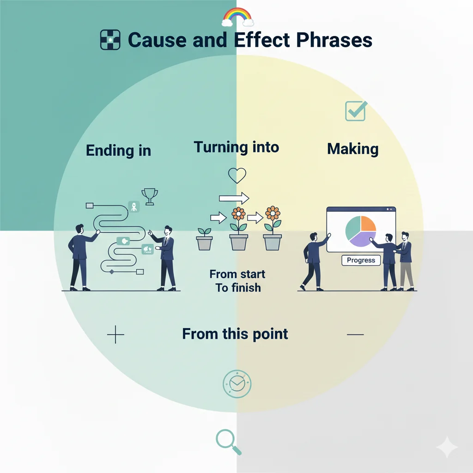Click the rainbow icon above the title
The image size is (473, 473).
(x=238, y=17)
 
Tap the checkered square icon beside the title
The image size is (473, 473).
(x=110, y=40)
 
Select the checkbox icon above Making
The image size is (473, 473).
(x=356, y=111)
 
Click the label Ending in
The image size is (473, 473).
(x=118, y=151)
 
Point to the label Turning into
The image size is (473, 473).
(x=236, y=147)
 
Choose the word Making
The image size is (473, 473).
(x=352, y=149)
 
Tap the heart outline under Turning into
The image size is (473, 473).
(x=237, y=175)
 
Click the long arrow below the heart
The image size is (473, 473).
(x=234, y=199)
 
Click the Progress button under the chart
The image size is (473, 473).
(x=361, y=261)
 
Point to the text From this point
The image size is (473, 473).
(x=235, y=334)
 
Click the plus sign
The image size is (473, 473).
(x=115, y=334)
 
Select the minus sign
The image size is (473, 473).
(x=355, y=334)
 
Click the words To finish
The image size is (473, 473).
(x=238, y=288)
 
